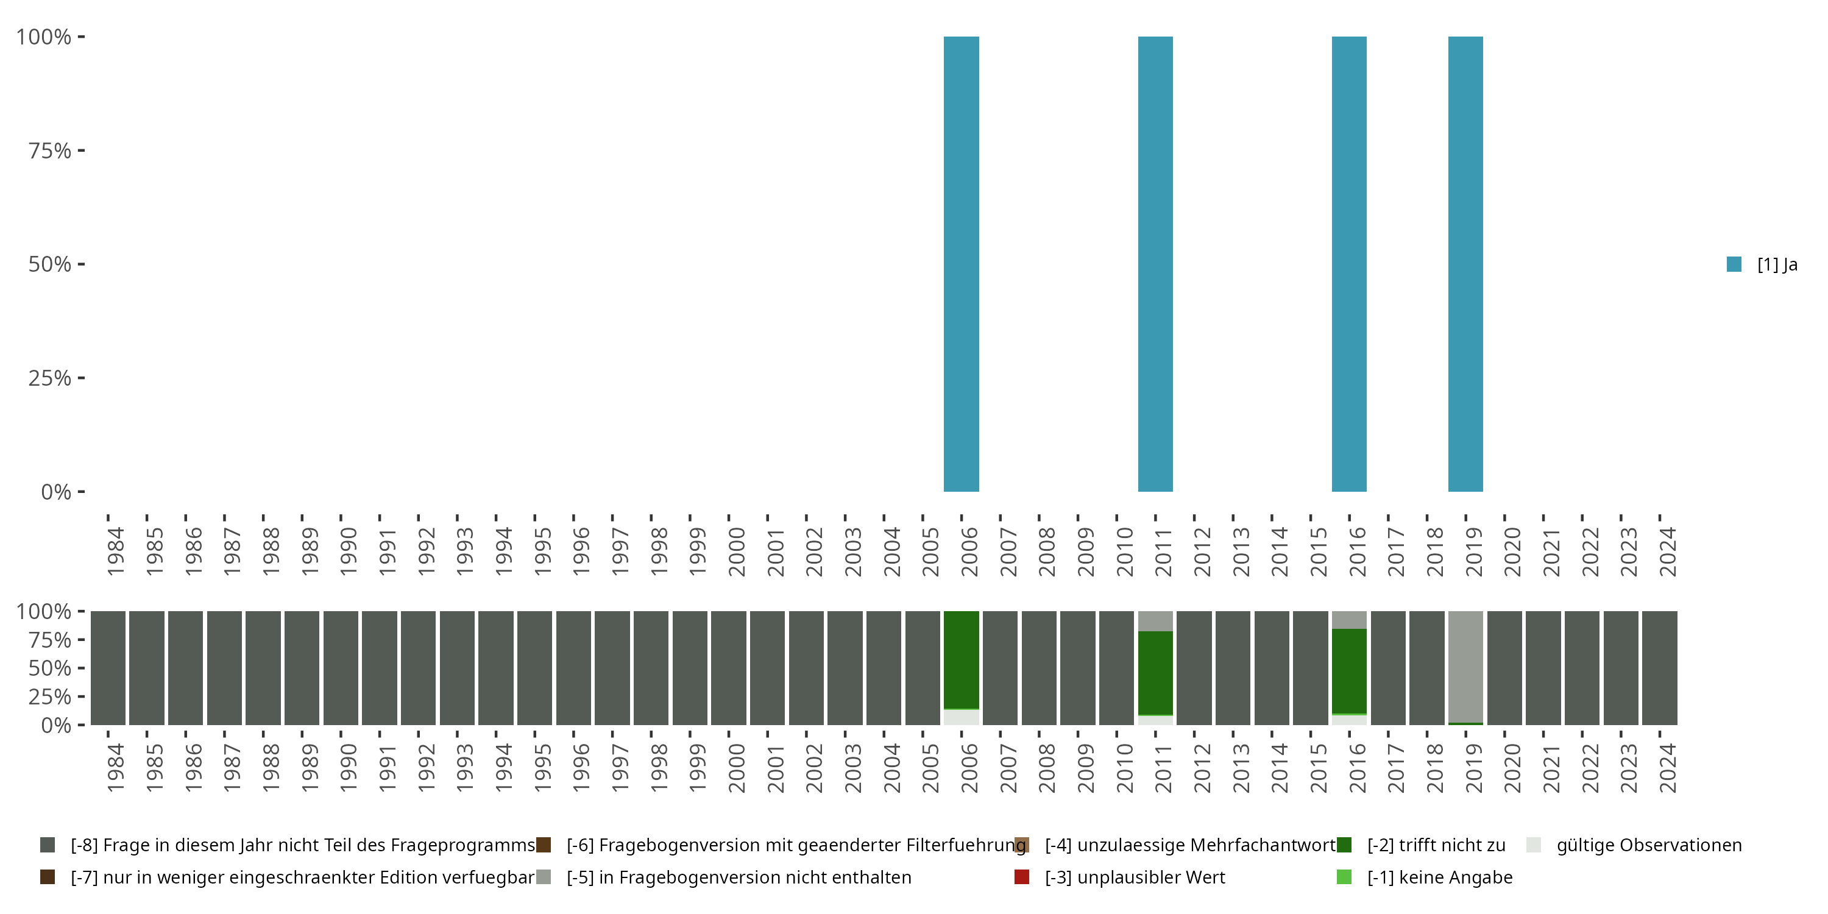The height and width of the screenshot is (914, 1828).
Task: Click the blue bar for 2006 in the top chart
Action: (x=961, y=264)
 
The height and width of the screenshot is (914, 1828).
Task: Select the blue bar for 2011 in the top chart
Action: (x=1155, y=264)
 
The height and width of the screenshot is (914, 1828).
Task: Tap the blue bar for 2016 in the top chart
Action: (x=1349, y=264)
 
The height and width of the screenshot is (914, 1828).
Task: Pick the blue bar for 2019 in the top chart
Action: (x=1465, y=264)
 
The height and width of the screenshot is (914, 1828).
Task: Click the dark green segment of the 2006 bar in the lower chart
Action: (x=961, y=660)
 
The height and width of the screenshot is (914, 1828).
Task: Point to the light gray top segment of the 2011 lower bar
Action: (x=1155, y=621)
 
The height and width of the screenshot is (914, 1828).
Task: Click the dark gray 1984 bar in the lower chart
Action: (x=108, y=668)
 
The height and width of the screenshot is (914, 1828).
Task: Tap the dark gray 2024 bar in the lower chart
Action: (x=1659, y=668)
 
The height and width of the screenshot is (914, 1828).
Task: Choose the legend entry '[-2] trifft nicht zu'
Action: (x=1436, y=845)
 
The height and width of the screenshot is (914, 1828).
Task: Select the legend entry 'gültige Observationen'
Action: (x=1648, y=845)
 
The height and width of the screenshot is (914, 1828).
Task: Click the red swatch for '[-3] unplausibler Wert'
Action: (x=1022, y=877)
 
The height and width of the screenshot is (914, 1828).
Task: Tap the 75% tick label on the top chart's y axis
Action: (x=50, y=151)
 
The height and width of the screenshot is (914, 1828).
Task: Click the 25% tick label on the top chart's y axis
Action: (x=50, y=378)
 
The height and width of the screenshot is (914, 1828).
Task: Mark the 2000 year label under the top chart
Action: (x=737, y=551)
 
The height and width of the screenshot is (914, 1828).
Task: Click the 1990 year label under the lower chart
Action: (x=349, y=768)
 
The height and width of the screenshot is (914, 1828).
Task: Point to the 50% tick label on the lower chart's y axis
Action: (x=50, y=668)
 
